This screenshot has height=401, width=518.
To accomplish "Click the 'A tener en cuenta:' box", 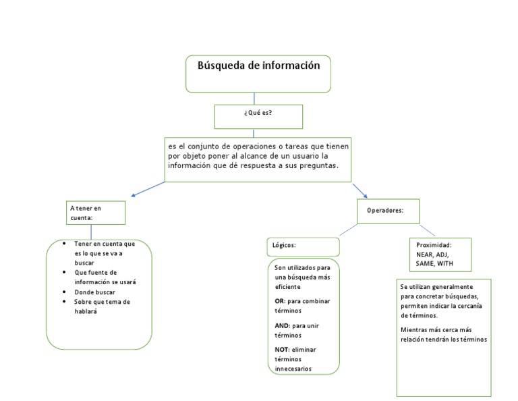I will coord(96,213).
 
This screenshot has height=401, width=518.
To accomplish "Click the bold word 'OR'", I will coord(279,300).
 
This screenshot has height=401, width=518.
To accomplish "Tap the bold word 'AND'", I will coord(282,325).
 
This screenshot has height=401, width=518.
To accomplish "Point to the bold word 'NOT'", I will coord(281,349).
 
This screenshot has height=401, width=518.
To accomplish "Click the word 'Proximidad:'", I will coord(434,245).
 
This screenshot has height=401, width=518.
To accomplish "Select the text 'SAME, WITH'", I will coord(434,263).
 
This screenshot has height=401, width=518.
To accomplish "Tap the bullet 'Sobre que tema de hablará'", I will coord(101,306).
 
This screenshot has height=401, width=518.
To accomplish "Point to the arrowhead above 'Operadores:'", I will coord(365,195).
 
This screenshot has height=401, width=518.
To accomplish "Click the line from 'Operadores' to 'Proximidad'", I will coord(428,230).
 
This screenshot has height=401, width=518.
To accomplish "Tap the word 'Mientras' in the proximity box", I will coord(413,329).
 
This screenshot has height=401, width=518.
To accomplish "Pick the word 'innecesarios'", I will coord(293,369).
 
